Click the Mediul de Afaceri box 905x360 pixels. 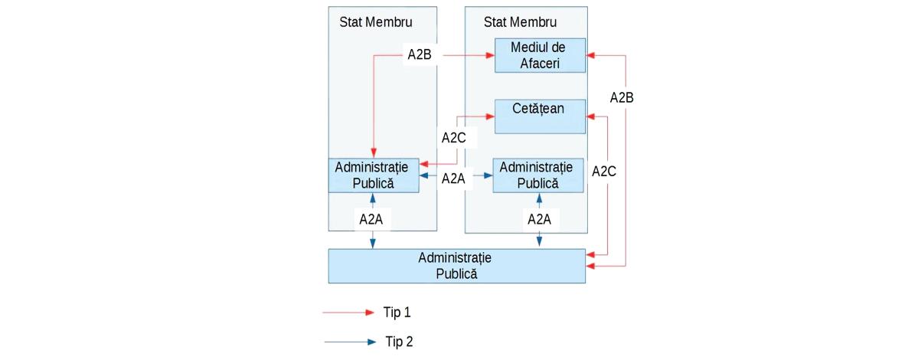[541, 55]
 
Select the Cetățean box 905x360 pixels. [541, 116]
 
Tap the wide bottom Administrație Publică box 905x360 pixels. [457, 266]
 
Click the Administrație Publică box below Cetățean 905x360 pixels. [538, 175]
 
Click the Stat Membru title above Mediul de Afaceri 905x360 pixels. [521, 22]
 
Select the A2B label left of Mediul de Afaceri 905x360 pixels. [420, 55]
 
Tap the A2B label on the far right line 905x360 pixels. [622, 97]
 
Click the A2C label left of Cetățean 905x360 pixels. [454, 138]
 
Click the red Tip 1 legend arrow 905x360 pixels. [349, 313]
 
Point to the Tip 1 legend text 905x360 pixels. [397, 313]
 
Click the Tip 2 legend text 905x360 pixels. [399, 342]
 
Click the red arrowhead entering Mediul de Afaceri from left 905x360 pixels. [491, 55]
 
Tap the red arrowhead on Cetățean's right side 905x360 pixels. [590, 116]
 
